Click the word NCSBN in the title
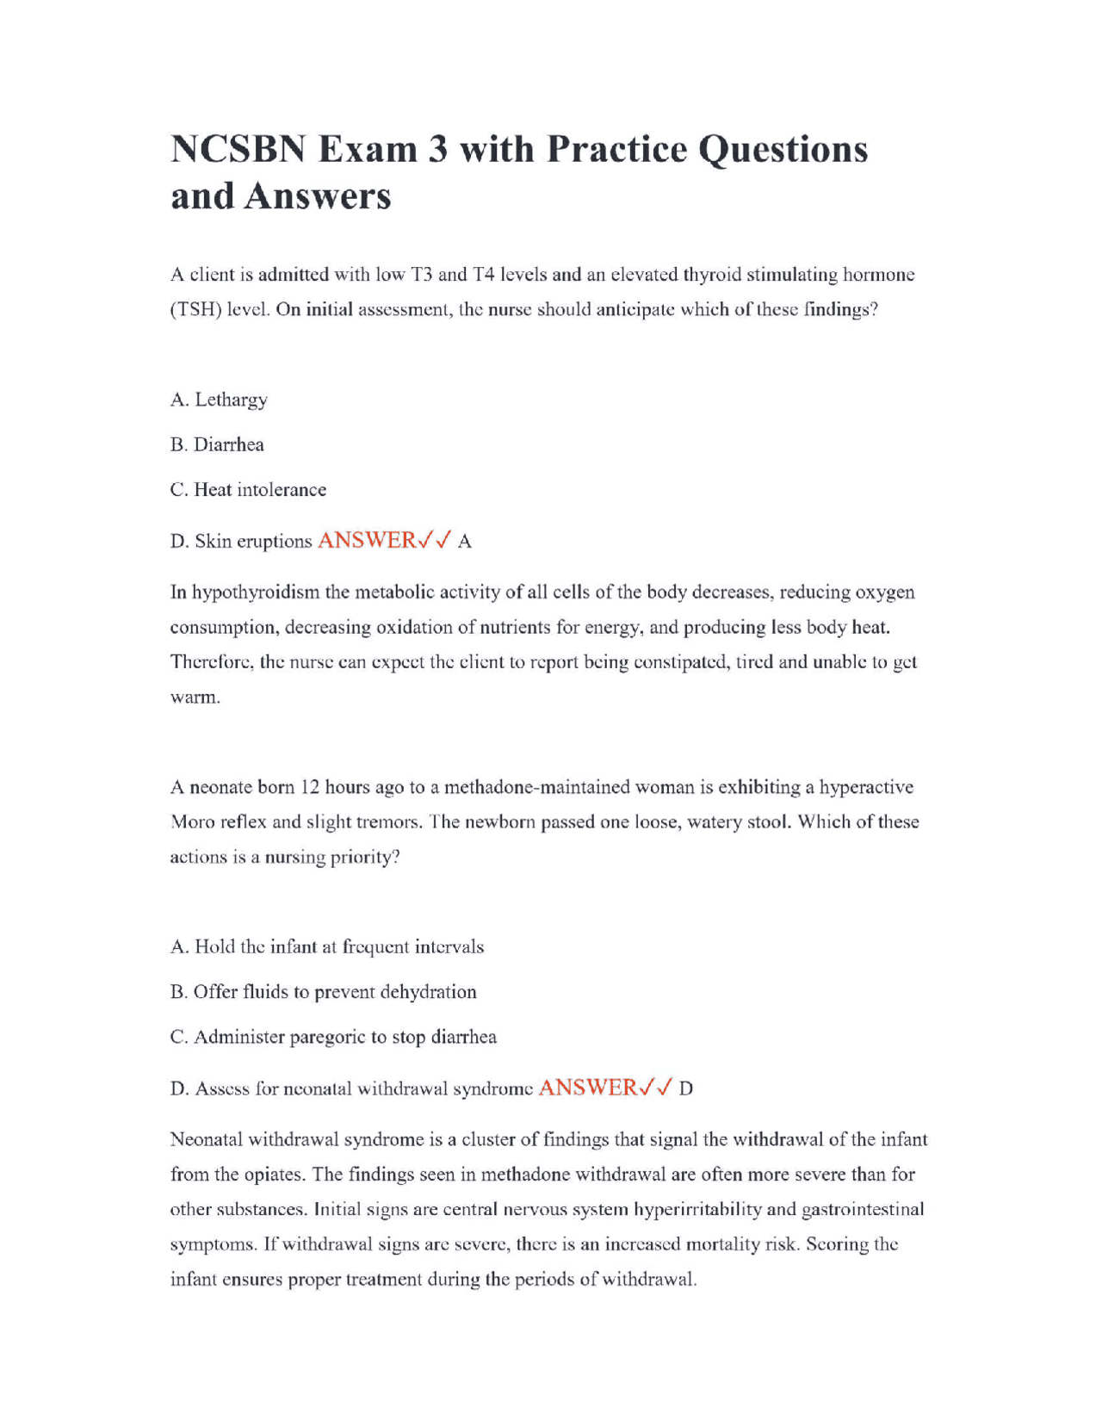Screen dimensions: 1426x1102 click(238, 150)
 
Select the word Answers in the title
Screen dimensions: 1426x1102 click(317, 196)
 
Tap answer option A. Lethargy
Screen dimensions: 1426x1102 click(219, 400)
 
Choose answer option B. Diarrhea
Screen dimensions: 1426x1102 click(217, 444)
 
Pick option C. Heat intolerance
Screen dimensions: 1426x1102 click(248, 489)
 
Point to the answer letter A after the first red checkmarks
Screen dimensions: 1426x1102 click(465, 542)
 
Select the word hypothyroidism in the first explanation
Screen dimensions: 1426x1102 click(256, 592)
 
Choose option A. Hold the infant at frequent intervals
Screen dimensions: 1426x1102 click(327, 946)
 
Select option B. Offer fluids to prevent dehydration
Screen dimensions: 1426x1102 click(323, 991)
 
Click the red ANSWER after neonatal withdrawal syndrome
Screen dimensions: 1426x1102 click(588, 1087)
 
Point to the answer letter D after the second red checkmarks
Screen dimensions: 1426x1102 click(686, 1088)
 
